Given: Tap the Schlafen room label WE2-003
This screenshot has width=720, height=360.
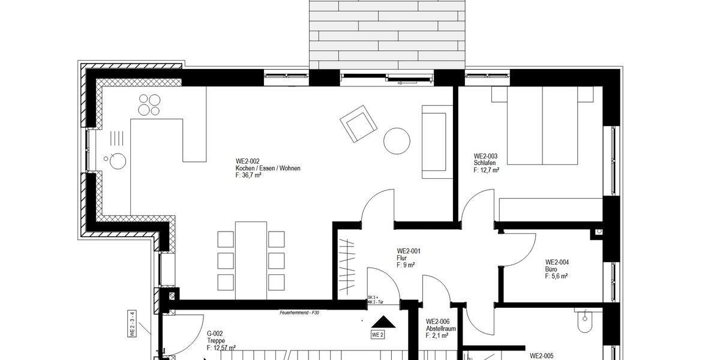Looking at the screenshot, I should point(486,163).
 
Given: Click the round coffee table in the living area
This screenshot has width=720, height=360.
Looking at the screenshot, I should point(397,142).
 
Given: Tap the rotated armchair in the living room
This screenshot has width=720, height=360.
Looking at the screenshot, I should point(358,124).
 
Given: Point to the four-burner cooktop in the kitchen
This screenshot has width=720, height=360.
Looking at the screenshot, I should point(149,105).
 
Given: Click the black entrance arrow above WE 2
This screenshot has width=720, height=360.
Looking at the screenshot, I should point(377,323).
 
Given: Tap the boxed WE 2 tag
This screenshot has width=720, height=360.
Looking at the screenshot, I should point(377,335).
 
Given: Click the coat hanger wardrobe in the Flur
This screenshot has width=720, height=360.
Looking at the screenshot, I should point(349,264).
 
